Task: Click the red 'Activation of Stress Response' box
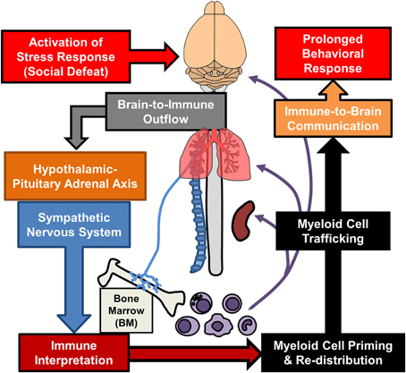tap(66, 56)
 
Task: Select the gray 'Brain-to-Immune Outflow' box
tap(166, 112)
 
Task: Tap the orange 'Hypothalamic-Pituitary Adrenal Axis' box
tap(75, 176)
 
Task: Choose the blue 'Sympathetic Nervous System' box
tap(74, 225)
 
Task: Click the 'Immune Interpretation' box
tap(74, 352)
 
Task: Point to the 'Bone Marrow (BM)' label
tap(126, 310)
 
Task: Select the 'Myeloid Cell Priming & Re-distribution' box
tap(333, 352)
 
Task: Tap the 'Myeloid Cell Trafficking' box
tap(333, 231)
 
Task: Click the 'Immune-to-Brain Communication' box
tap(333, 118)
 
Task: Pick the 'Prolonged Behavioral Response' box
tap(333, 54)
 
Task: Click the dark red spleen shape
tap(244, 221)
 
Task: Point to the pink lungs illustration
tap(215, 154)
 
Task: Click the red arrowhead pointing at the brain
tap(171, 56)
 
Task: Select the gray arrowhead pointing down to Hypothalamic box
tap(76, 142)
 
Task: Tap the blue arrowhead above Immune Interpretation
tap(74, 323)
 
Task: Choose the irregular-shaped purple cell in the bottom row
tap(218, 325)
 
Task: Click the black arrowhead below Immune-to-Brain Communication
tap(333, 145)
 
